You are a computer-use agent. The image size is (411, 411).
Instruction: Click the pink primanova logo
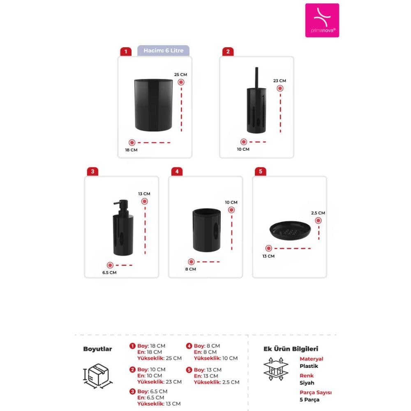tap(322, 20)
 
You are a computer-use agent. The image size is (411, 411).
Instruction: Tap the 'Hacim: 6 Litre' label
tap(163, 51)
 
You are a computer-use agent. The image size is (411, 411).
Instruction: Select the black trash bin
tap(153, 104)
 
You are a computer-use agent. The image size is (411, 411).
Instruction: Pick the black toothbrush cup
tap(206, 230)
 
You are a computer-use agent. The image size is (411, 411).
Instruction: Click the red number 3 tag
tap(92, 171)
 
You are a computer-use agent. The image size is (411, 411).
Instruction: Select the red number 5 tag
tap(260, 171)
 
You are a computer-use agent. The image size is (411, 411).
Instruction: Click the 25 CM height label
tap(180, 74)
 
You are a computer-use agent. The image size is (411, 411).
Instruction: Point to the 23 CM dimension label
tap(279, 81)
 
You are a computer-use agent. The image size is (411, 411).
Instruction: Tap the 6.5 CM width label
tap(109, 272)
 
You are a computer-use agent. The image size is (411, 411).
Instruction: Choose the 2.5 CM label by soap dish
tap(318, 213)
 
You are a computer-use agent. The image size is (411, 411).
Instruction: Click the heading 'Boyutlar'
tap(97, 349)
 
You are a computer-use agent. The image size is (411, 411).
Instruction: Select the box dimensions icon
tap(98, 376)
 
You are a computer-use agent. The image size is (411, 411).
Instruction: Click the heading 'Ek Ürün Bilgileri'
tap(291, 349)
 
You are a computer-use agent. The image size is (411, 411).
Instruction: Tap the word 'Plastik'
tap(309, 366)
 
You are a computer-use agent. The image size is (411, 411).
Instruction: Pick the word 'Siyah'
tap(307, 383)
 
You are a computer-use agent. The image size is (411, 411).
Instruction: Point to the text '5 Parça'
tap(309, 399)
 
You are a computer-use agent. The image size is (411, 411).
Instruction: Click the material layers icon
tap(276, 369)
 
